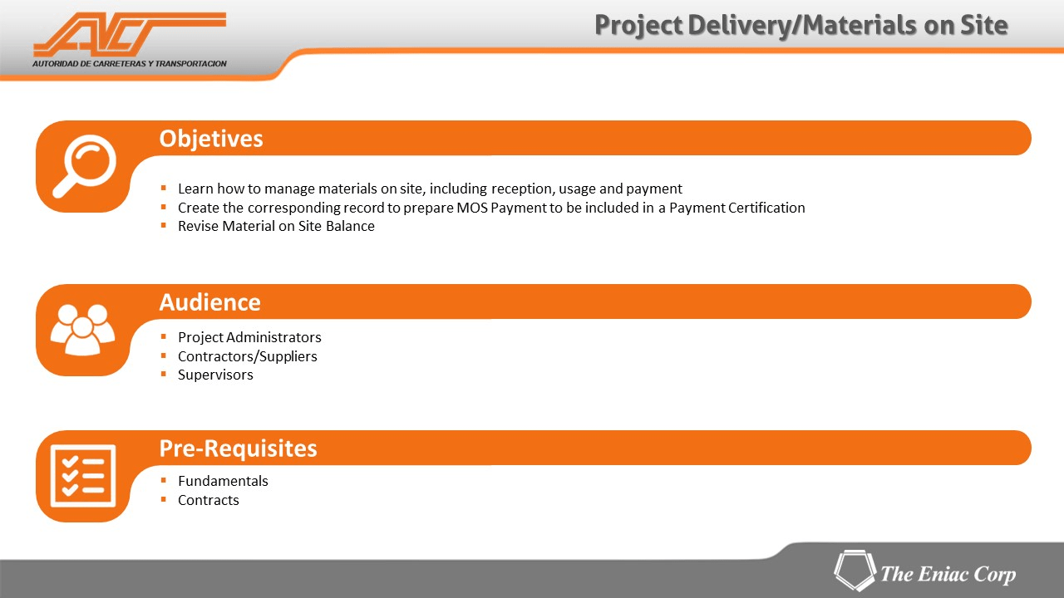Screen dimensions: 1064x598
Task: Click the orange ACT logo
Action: click(129, 34)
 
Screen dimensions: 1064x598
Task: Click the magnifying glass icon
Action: click(85, 165)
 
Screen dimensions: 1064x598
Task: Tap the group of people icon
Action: click(82, 330)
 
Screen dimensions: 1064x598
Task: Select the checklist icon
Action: click(83, 476)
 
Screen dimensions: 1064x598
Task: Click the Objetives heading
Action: click(211, 139)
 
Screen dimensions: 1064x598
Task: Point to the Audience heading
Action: click(210, 302)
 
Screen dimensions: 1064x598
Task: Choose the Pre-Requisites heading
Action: click(238, 448)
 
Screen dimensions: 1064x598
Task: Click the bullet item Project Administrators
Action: click(249, 337)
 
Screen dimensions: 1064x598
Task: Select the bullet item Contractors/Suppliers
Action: click(248, 356)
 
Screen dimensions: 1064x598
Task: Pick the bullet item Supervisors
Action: click(215, 375)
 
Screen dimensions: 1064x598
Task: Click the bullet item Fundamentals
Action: click(223, 481)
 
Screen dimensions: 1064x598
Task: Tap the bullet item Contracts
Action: click(208, 500)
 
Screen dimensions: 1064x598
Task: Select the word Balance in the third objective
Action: click(350, 227)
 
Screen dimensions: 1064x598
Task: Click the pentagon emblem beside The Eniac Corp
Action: click(855, 570)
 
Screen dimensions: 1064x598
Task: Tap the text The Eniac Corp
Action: click(948, 574)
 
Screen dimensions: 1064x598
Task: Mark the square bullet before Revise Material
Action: click(164, 225)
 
